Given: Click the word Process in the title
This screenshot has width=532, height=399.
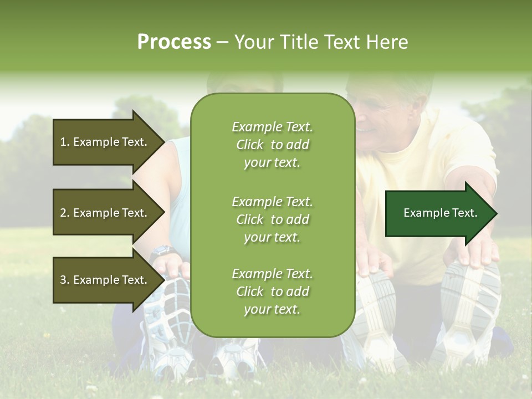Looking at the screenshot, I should pyautogui.click(x=174, y=42).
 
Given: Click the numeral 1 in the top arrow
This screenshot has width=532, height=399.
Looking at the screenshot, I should pyautogui.click(x=63, y=142).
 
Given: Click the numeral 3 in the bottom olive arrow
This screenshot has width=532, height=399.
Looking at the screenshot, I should pyautogui.click(x=63, y=280).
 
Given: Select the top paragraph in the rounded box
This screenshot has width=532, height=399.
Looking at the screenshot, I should pyautogui.click(x=272, y=145).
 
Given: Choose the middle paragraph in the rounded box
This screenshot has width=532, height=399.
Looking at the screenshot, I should pyautogui.click(x=272, y=219).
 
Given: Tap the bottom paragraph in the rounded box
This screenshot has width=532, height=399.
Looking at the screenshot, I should pyautogui.click(x=272, y=291).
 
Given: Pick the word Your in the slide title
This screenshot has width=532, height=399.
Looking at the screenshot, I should pyautogui.click(x=253, y=42).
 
